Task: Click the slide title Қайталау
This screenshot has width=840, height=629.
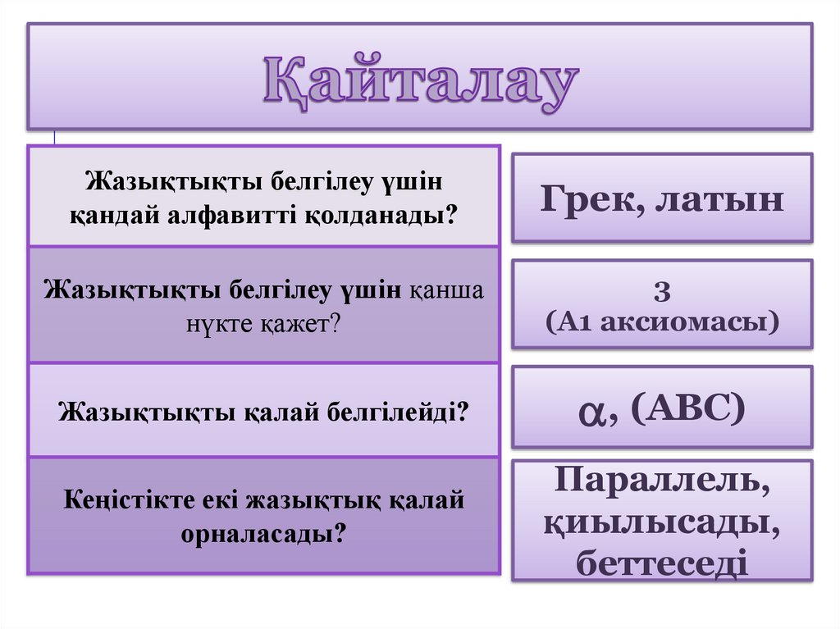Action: [421, 82]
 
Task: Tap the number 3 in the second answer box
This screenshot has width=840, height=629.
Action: [663, 291]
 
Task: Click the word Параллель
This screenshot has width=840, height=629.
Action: [663, 481]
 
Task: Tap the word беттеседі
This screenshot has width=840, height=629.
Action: [662, 564]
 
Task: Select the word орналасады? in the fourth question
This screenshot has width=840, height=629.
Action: [262, 533]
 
